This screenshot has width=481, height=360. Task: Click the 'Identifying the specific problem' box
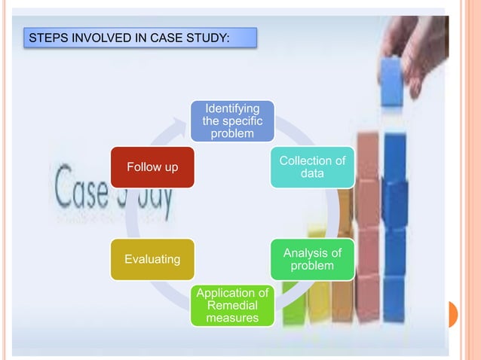tap(231, 121)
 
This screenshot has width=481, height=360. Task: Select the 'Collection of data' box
tap(312, 167)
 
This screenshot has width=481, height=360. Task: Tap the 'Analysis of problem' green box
tap(312, 259)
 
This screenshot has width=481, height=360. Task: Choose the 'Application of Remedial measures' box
tap(231, 305)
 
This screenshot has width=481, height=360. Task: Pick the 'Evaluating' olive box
tap(152, 259)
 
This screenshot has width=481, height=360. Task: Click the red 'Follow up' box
tap(152, 167)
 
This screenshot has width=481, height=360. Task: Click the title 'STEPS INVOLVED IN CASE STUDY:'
tap(139, 37)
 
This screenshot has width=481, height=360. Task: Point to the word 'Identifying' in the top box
tap(231, 109)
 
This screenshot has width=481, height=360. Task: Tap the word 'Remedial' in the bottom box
tap(231, 305)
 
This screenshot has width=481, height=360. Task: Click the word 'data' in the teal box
tap(312, 174)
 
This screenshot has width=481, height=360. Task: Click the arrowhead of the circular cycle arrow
tap(179, 123)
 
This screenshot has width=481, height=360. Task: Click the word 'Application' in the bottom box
tap(231, 293)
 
